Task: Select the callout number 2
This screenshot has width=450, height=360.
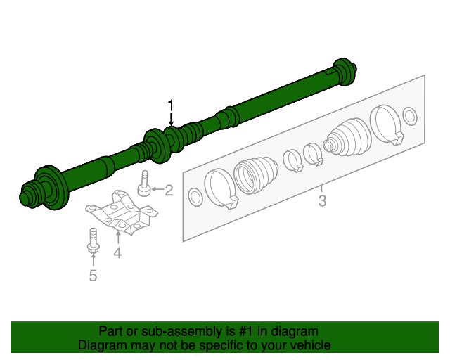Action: pyautogui.click(x=169, y=190)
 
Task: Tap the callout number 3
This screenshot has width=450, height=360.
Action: pyautogui.click(x=322, y=202)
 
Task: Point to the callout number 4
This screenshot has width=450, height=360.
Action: pyautogui.click(x=117, y=252)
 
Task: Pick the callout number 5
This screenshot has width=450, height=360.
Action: pyautogui.click(x=93, y=276)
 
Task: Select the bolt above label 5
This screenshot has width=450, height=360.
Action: pyautogui.click(x=92, y=240)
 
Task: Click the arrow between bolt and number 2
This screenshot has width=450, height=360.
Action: pyautogui.click(x=157, y=190)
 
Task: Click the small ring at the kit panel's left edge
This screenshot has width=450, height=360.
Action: pyautogui.click(x=196, y=197)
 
